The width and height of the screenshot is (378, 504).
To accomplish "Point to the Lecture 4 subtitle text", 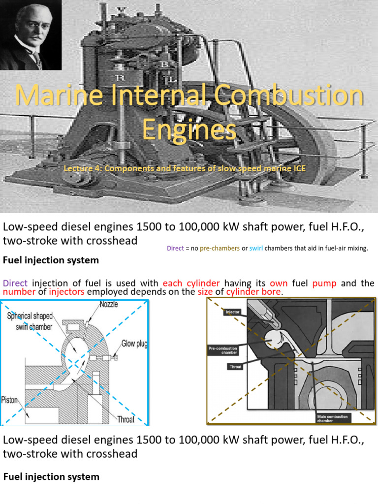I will click(185, 169).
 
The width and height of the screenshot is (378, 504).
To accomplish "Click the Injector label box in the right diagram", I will click(232, 312).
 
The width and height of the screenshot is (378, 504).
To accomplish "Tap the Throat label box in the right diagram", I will click(235, 367).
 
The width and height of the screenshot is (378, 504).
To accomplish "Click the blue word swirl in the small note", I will click(256, 249).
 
